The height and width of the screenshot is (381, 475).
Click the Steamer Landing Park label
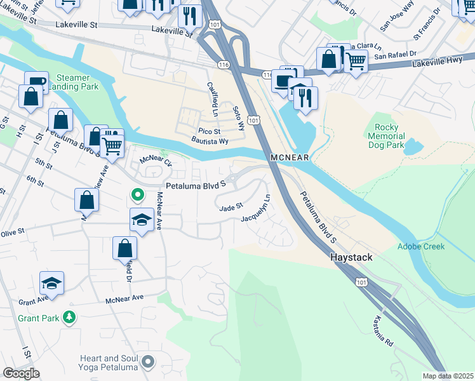tap(77, 82)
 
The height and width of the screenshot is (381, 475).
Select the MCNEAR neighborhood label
tap(290, 157)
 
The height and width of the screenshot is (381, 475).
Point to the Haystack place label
tap(351, 258)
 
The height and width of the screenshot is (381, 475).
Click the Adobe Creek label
tap(421, 246)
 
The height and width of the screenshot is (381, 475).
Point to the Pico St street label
tap(208, 131)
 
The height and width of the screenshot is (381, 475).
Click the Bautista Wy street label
tap(210, 142)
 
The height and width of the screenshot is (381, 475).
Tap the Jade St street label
tap(231, 207)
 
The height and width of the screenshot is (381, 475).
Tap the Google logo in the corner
tap(21, 373)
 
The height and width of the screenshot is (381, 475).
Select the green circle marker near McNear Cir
tap(136, 194)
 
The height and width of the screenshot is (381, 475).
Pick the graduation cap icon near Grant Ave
tap(52, 282)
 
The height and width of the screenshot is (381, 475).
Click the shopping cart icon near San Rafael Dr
tap(356, 61)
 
